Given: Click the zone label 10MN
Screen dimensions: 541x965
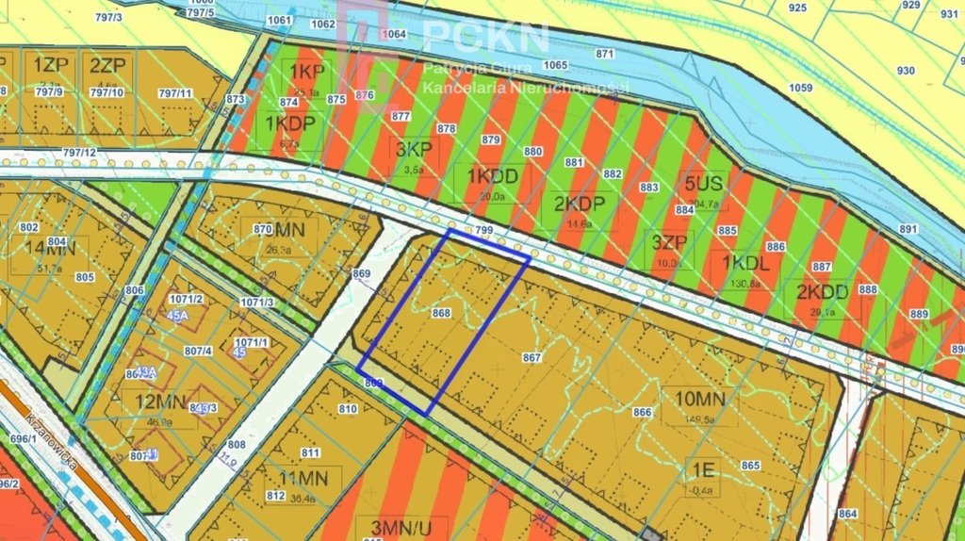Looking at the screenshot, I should click(x=699, y=399).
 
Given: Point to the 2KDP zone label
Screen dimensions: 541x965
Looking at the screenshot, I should click(x=584, y=204).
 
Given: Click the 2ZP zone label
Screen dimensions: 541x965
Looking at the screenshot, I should click(x=107, y=65).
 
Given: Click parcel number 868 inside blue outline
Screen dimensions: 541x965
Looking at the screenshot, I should click(x=441, y=313).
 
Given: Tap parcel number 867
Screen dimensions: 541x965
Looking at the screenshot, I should click(x=532, y=357).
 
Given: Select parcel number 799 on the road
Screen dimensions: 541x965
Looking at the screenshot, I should click(x=484, y=230).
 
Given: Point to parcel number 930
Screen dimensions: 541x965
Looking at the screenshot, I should click(x=906, y=71).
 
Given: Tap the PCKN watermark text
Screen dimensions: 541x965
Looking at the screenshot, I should click(x=485, y=36).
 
